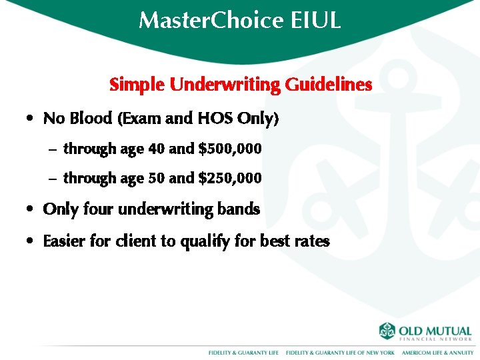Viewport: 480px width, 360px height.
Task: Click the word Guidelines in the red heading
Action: (x=328, y=85)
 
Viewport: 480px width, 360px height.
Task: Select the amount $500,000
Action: (x=230, y=149)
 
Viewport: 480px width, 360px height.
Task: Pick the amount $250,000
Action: (x=230, y=178)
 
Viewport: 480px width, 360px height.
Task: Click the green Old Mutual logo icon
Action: (x=387, y=331)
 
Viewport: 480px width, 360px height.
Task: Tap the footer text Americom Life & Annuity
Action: (x=437, y=352)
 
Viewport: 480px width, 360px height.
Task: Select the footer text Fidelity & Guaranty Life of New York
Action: (x=340, y=352)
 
